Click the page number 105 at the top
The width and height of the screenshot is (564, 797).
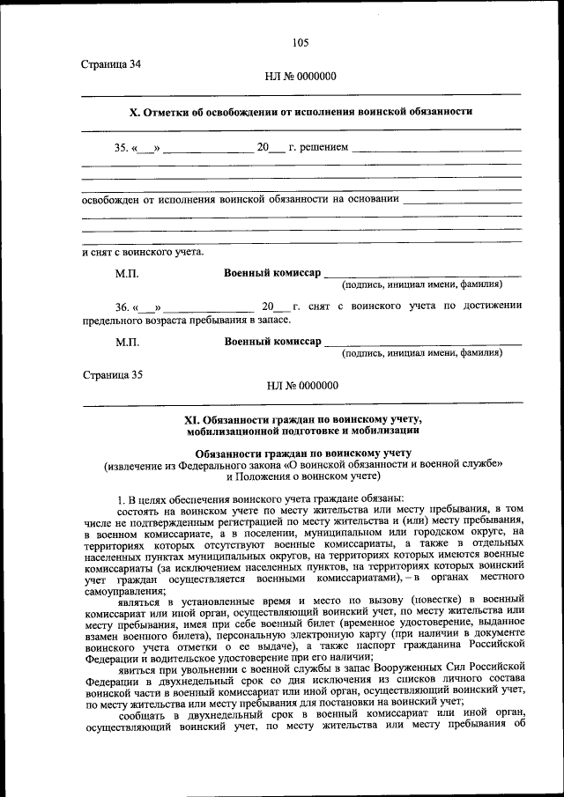click(300, 42)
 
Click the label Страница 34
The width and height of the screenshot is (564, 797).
click(111, 64)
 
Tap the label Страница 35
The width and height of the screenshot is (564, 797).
click(111, 373)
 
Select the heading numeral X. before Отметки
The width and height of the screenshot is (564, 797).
click(135, 112)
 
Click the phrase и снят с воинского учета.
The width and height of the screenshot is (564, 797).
click(142, 253)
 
